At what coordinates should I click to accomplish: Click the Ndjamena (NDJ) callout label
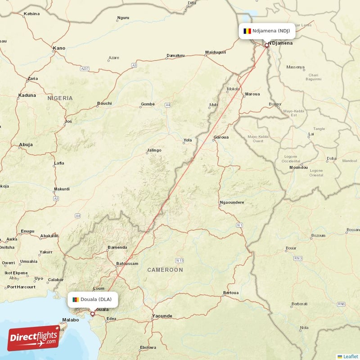click(x=267, y=31)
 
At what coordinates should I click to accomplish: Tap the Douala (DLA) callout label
click(x=93, y=299)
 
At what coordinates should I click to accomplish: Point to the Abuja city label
click(x=26, y=145)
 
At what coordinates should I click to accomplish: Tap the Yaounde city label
click(x=162, y=316)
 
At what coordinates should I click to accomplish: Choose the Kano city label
click(x=59, y=48)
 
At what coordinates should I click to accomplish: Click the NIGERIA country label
click(x=60, y=98)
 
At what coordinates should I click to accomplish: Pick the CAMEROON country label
click(x=165, y=270)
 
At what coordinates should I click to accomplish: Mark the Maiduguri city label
click(x=215, y=53)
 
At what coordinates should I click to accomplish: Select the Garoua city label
click(x=221, y=137)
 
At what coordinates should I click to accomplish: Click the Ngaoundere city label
click(x=231, y=202)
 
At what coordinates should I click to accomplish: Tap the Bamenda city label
click(x=117, y=247)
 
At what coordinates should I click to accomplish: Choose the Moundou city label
click(x=298, y=167)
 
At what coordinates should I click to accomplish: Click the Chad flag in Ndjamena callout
click(x=247, y=31)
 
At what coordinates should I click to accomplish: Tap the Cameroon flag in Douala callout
click(x=75, y=299)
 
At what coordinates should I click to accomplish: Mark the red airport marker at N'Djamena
click(x=266, y=45)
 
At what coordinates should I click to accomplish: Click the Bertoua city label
click(x=230, y=293)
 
